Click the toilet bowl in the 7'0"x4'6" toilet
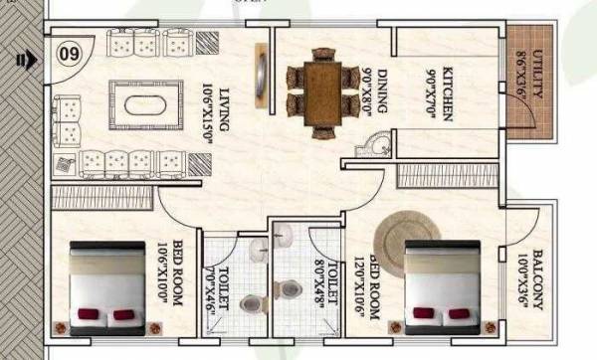[x=256, y=304]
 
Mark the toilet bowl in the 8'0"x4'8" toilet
[x=290, y=288]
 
